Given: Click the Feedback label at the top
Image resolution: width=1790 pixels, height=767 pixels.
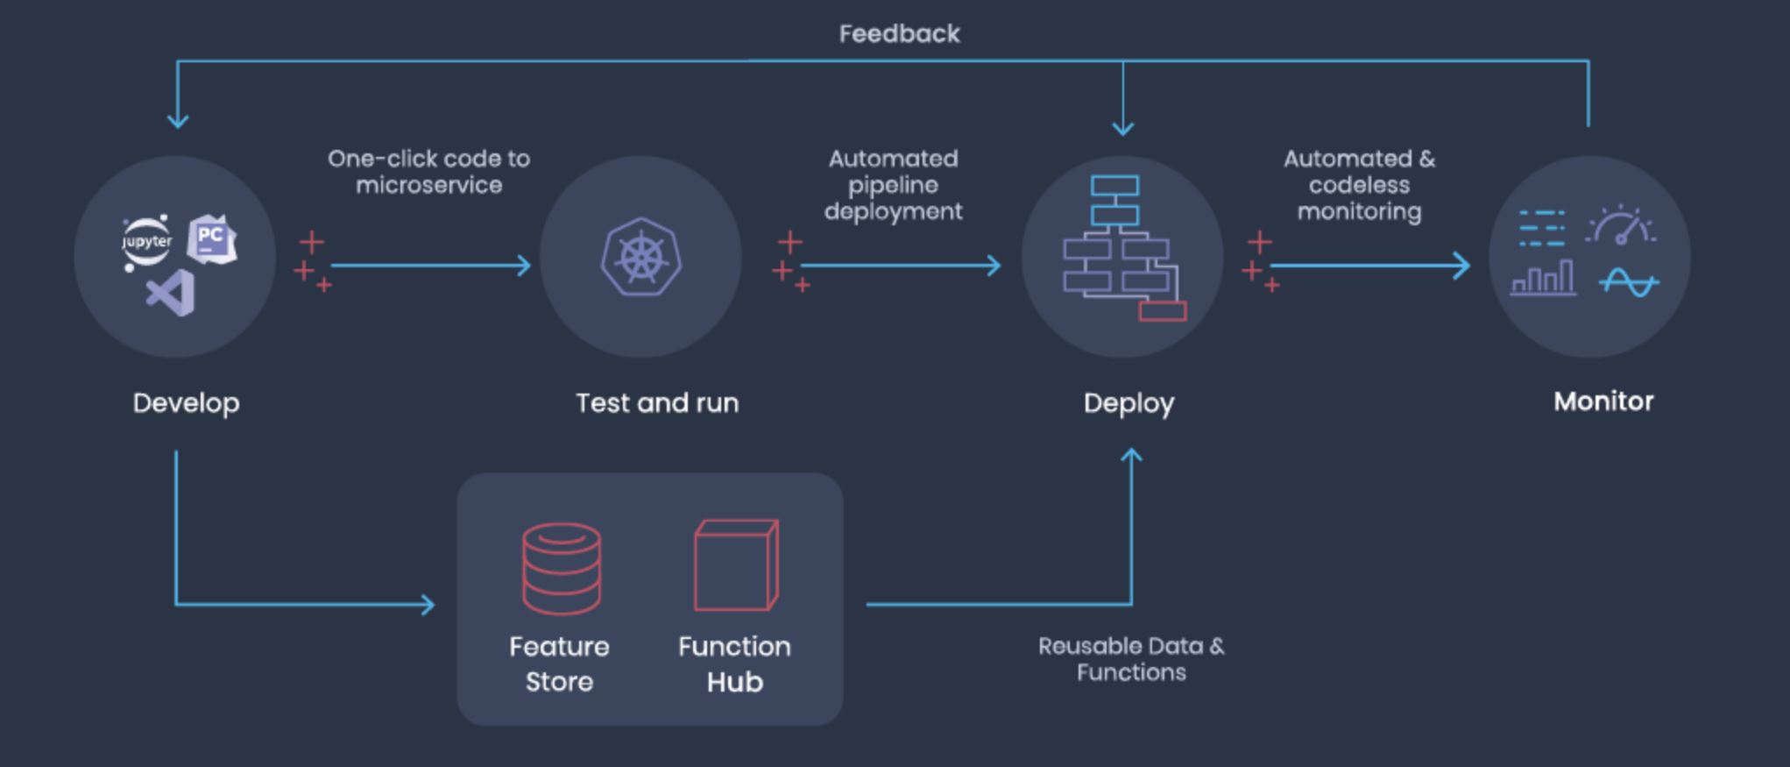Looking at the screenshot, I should tap(899, 34).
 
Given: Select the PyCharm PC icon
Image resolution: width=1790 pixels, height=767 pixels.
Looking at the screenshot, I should tap(212, 238).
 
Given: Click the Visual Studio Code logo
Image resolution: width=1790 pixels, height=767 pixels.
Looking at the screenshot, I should tap(171, 293).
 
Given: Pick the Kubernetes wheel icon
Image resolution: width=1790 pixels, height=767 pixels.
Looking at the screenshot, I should tap(641, 257).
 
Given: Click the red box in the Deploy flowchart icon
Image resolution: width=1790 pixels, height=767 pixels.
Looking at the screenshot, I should tap(1163, 310).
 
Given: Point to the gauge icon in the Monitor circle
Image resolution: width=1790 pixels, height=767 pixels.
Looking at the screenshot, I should tap(1620, 226).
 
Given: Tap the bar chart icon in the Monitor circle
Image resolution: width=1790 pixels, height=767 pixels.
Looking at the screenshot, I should tap(1543, 279).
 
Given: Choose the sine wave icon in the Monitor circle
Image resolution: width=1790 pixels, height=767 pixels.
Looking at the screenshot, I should tap(1629, 283).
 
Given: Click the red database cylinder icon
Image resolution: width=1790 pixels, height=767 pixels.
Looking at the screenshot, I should tap(562, 568).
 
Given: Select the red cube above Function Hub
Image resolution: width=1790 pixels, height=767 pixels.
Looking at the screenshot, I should tap(736, 565).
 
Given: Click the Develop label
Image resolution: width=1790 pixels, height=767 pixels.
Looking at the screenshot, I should tap(186, 403).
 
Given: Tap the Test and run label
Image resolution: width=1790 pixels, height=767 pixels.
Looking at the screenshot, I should tap(657, 403).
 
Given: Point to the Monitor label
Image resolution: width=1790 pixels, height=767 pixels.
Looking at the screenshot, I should tap(1603, 401).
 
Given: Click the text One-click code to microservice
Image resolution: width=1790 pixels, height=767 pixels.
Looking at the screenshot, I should tap(428, 172).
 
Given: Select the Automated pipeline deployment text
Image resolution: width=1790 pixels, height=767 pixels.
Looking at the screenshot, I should tap(893, 185).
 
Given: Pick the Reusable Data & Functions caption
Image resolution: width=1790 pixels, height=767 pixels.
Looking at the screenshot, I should tap(1131, 659).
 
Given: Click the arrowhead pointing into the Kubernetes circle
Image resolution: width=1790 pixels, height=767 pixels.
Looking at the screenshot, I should tap(525, 265).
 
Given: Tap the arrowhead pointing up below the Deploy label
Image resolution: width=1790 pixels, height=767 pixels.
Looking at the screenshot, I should tap(1131, 456).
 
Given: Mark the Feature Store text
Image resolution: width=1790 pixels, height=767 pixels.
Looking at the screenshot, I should tap(559, 664).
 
